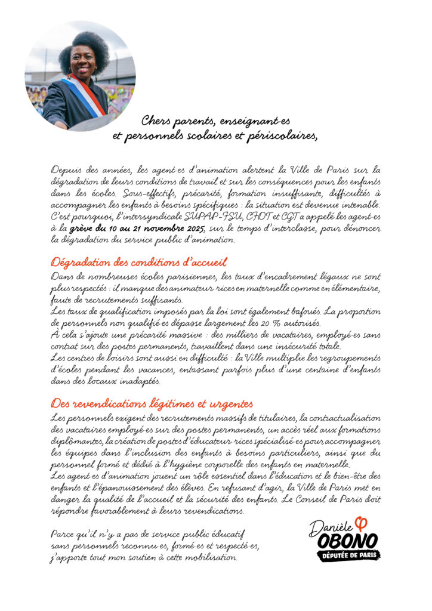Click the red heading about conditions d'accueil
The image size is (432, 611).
click(139, 262)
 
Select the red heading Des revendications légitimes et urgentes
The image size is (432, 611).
click(152, 403)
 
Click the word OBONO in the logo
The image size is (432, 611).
click(347, 541)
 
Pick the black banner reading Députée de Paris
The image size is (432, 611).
click(348, 556)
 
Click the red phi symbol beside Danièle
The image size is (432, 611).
click(361, 523)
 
